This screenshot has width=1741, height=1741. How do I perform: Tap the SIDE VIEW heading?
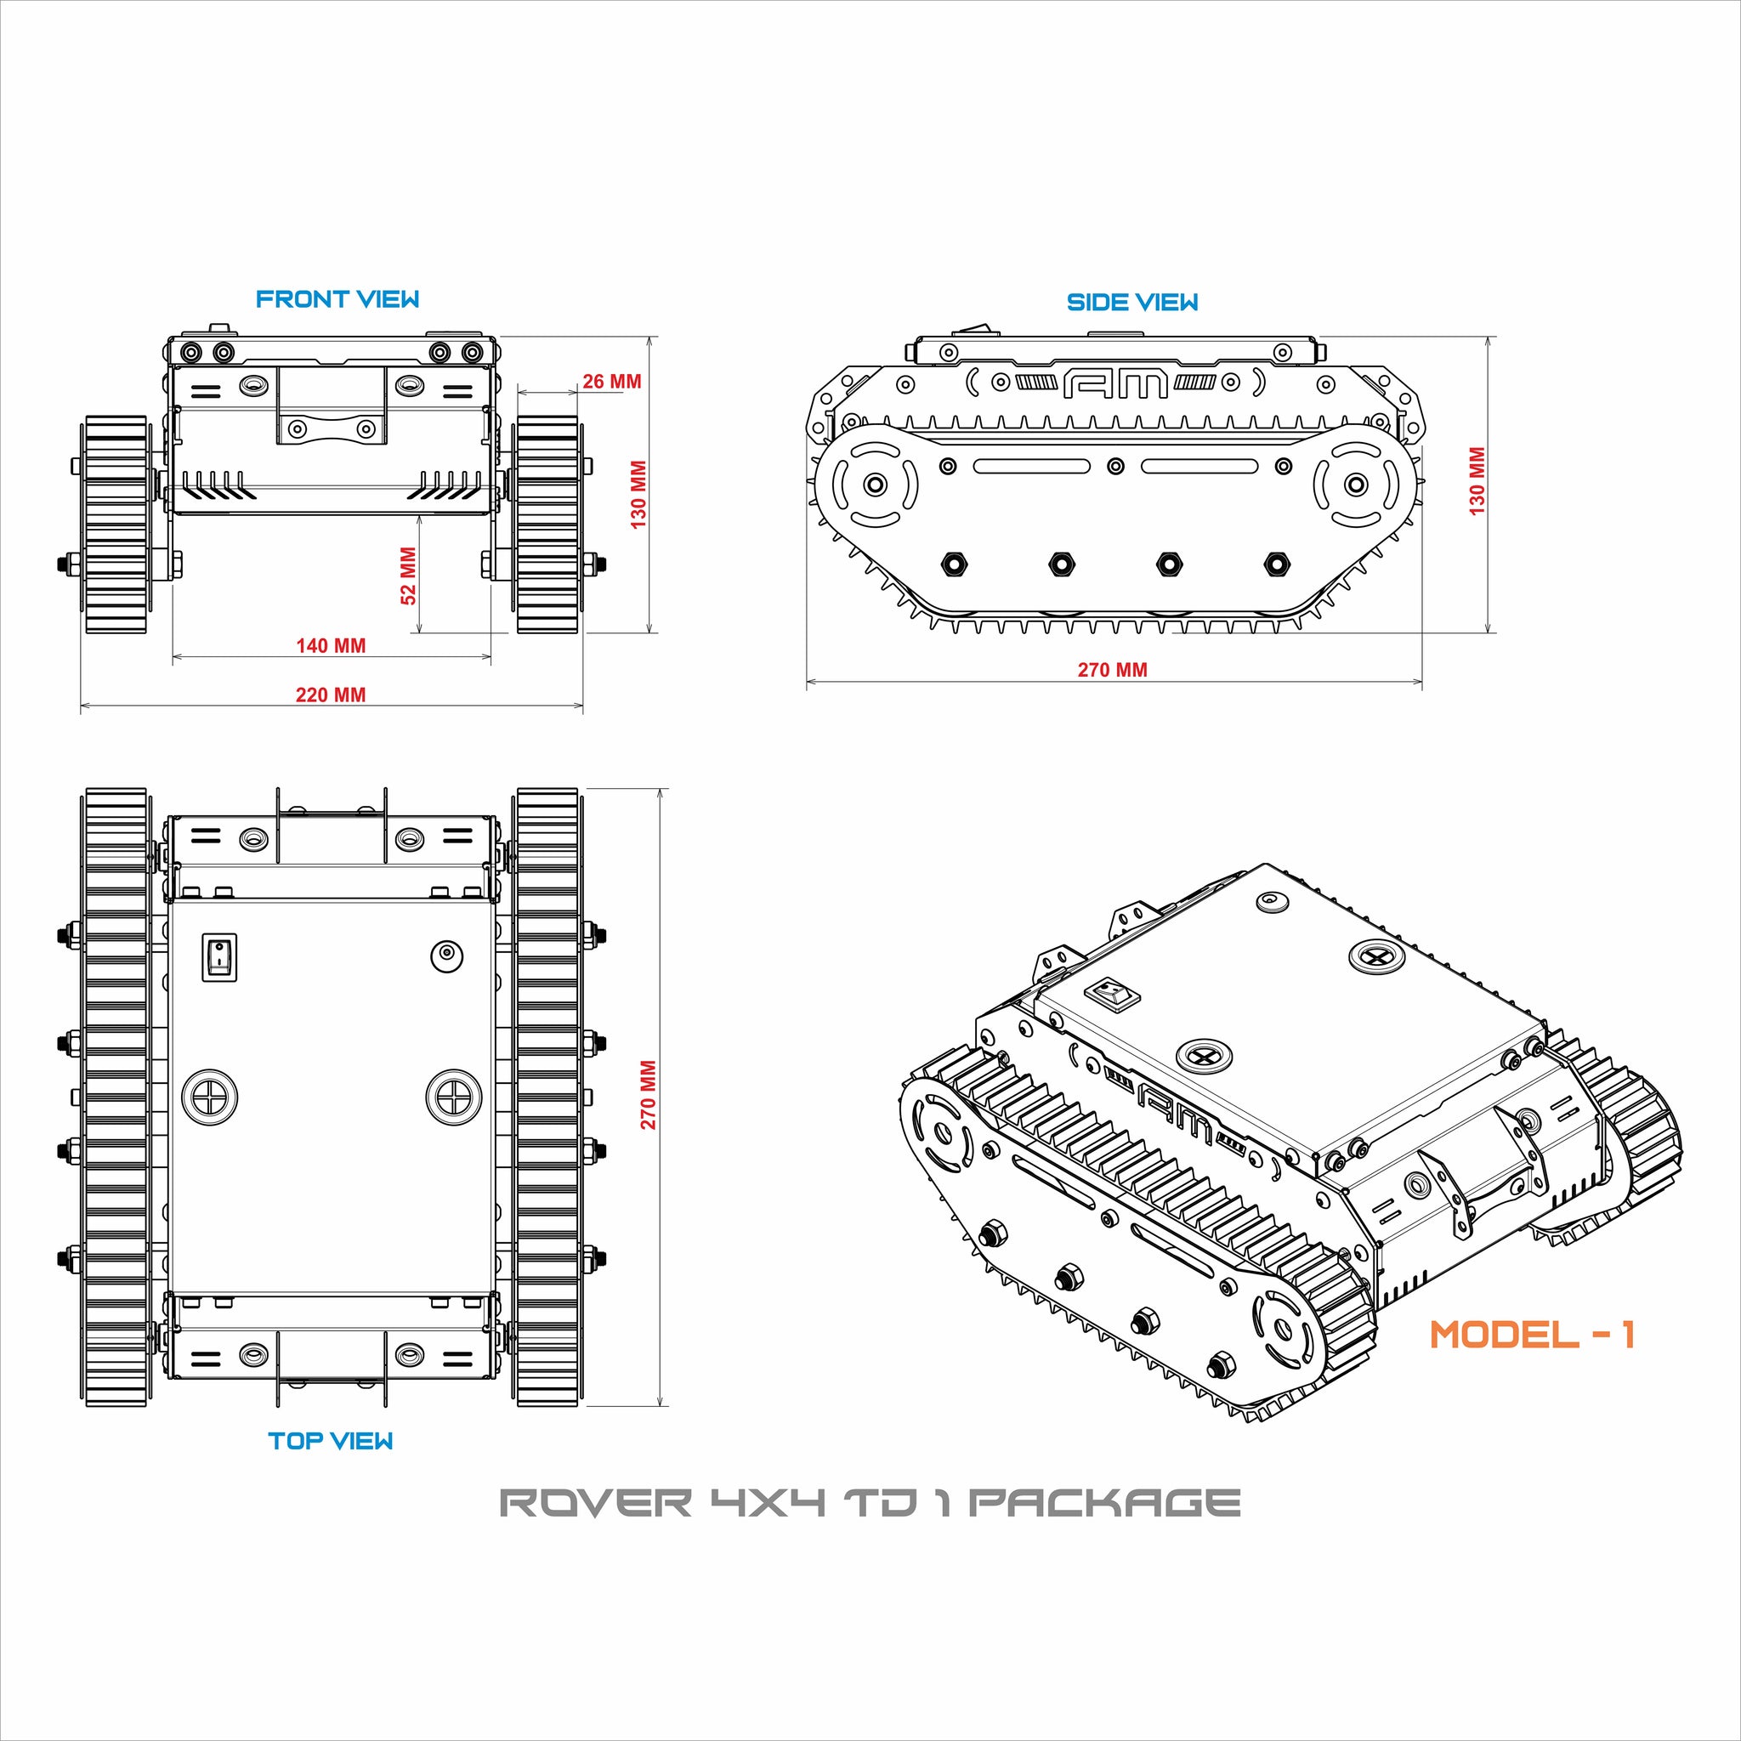click(x=1131, y=303)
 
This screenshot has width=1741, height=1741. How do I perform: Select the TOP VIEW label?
click(x=331, y=1441)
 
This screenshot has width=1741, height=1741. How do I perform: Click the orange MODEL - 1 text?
click(x=1532, y=1336)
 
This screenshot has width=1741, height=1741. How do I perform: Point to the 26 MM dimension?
click(x=612, y=381)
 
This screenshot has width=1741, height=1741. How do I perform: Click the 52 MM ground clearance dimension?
click(x=408, y=576)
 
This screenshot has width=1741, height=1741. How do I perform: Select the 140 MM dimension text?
click(x=331, y=645)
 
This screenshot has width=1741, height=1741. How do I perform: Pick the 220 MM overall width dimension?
click(x=331, y=695)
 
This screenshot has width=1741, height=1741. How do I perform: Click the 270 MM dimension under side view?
click(x=1112, y=670)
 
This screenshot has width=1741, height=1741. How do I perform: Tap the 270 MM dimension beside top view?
click(x=648, y=1095)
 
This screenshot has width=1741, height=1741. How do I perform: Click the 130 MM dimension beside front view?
click(x=639, y=495)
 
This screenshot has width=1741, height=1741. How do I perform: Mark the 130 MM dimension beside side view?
click(x=1477, y=481)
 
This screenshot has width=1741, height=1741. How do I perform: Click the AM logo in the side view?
click(x=1115, y=384)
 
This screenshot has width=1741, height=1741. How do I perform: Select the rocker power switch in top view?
click(x=218, y=957)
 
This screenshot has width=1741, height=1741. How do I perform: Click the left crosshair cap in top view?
click(x=209, y=1097)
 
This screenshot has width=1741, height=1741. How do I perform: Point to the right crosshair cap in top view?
click(x=452, y=1097)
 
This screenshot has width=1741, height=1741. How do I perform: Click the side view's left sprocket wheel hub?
click(x=874, y=485)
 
